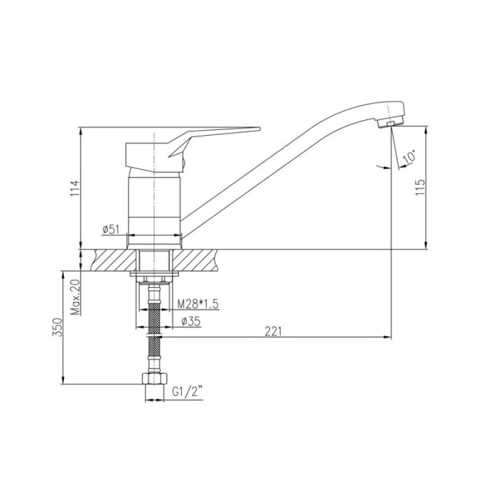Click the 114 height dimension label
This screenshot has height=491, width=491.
(x=75, y=188)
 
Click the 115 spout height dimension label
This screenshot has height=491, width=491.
(x=420, y=188)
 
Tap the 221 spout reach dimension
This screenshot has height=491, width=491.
(x=273, y=331)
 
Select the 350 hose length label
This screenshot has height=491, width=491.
(x=58, y=327)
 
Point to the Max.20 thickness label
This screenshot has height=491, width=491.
(x=75, y=296)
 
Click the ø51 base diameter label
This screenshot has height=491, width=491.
(x=111, y=230)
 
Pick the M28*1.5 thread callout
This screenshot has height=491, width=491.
(x=198, y=304)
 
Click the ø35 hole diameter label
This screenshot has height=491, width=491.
(x=191, y=321)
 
